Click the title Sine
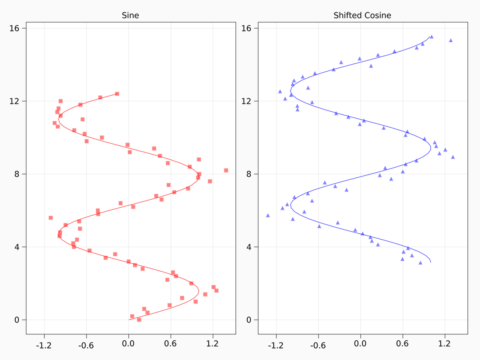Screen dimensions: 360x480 click(130, 16)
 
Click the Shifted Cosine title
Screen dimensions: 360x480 click(362, 16)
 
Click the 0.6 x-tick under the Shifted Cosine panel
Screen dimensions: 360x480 click(402, 344)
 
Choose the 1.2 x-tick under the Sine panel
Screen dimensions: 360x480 click(213, 344)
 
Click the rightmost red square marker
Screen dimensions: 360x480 click(226, 170)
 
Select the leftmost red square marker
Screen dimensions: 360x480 click(51, 218)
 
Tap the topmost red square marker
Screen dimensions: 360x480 click(117, 94)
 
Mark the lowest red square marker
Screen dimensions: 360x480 click(139, 320)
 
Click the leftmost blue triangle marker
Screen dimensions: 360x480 click(268, 216)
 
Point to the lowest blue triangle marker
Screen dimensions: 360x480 click(420, 263)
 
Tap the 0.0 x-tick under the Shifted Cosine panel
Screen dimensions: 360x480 click(360, 344)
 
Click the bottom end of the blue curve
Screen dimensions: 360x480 click(431, 262)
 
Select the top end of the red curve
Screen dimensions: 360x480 click(119, 93)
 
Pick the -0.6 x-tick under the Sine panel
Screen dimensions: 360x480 click(86, 344)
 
